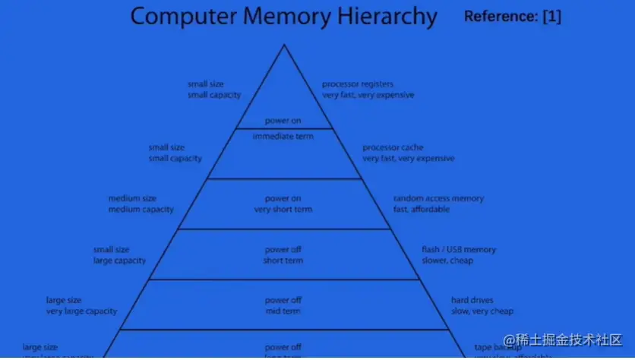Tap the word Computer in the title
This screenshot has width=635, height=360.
click(x=178, y=16)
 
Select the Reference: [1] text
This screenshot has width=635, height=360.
click(x=512, y=16)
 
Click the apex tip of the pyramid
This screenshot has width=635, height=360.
click(x=284, y=45)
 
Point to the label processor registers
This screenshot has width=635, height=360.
click(x=357, y=84)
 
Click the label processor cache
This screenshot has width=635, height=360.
click(x=393, y=147)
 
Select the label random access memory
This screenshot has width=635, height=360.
click(x=438, y=198)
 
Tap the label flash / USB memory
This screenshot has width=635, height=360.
click(x=459, y=249)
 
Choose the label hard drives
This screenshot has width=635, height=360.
click(x=472, y=300)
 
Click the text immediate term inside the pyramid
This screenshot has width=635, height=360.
click(x=283, y=136)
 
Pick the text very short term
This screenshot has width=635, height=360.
click(x=283, y=210)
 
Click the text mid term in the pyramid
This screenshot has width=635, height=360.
click(x=283, y=311)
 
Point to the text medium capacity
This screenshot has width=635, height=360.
click(x=141, y=210)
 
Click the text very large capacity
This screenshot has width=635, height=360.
click(x=81, y=311)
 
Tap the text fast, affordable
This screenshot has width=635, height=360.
click(x=421, y=210)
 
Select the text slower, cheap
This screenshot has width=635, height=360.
click(x=447, y=261)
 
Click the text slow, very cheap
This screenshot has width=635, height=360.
click(x=482, y=311)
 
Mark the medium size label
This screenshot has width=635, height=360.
click(x=132, y=198)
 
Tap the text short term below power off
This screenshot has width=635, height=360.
click(x=283, y=261)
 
